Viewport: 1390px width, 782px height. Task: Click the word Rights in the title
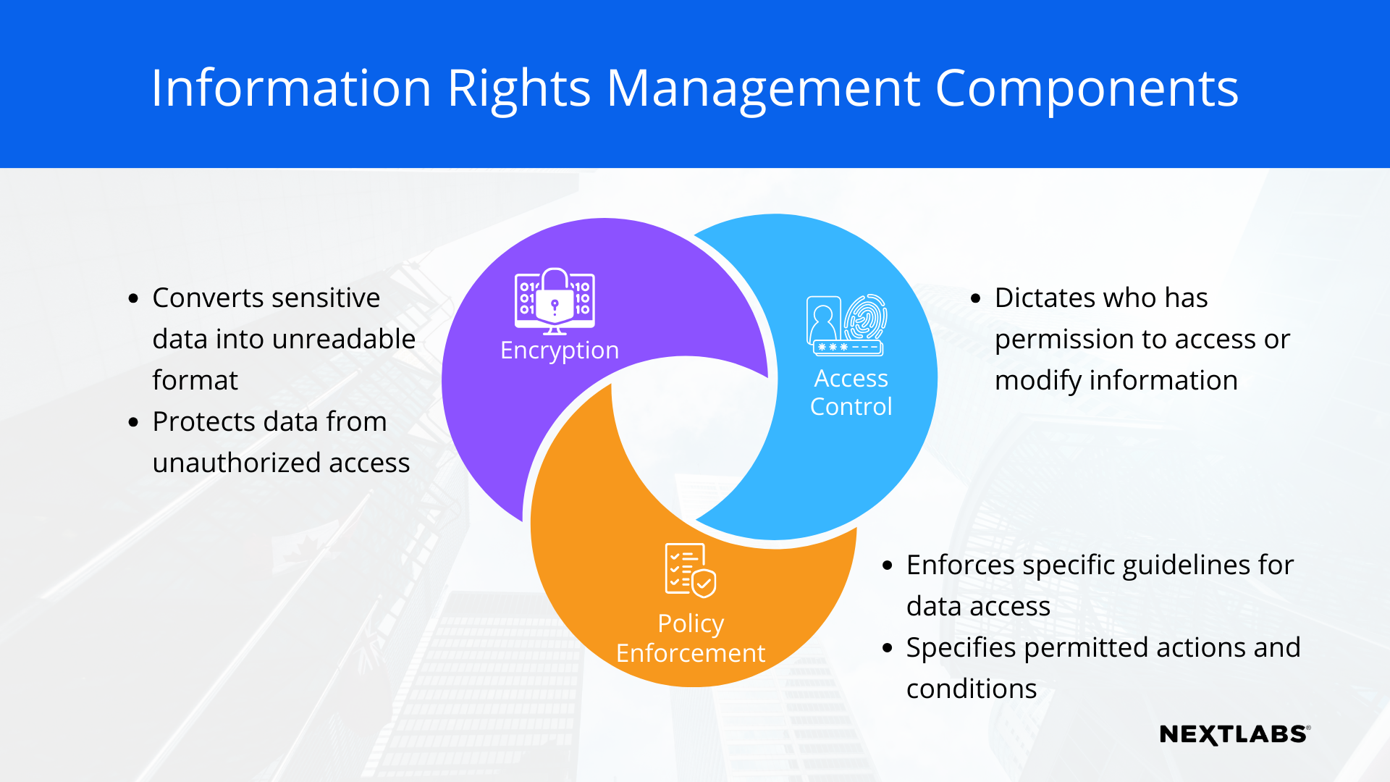(x=518, y=88)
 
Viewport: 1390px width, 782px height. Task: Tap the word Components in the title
(x=1087, y=88)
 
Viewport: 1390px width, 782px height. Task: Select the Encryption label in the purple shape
(x=560, y=350)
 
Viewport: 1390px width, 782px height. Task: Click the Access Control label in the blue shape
(x=851, y=392)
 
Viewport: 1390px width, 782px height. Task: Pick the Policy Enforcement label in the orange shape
(x=691, y=639)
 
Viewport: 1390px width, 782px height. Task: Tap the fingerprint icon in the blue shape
(x=865, y=316)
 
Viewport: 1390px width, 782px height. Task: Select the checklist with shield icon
(x=690, y=570)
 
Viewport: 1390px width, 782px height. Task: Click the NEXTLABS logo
(x=1234, y=734)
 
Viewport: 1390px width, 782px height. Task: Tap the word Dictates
(x=1037, y=298)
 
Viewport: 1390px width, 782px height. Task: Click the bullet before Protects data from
(x=133, y=422)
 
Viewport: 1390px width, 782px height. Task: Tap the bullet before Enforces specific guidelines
(x=888, y=566)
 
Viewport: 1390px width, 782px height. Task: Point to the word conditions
(x=972, y=689)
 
